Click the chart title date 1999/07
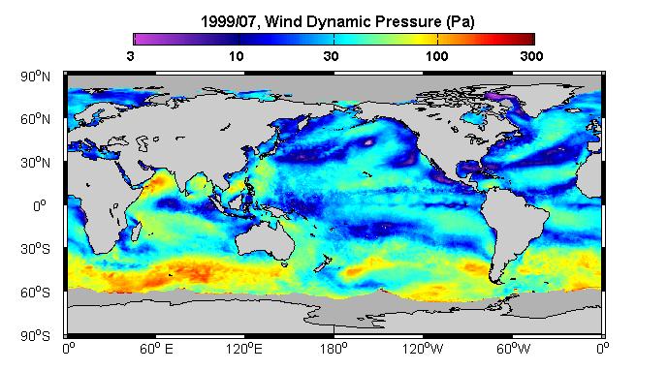[229, 21]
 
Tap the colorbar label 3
[130, 56]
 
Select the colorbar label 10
[236, 56]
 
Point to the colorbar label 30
[331, 56]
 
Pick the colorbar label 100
[436, 56]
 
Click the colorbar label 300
[531, 56]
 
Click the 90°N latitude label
[35, 77]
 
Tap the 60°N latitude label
[35, 119]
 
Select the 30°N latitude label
[35, 163]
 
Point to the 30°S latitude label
[35, 249]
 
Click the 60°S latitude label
[35, 293]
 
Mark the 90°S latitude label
[35, 336]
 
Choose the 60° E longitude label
[156, 350]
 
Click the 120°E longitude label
[244, 350]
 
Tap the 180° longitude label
[334, 350]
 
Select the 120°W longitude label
[423, 350]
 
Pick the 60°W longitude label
[513, 350]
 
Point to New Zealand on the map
[322, 263]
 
